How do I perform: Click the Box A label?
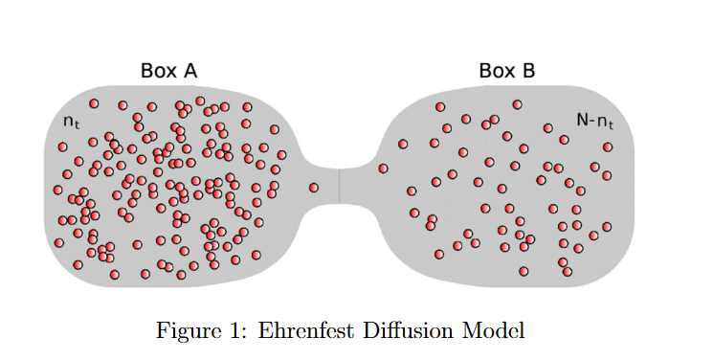(168, 70)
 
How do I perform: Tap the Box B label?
(506, 70)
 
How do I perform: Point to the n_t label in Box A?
(71, 122)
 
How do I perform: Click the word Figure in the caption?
(188, 330)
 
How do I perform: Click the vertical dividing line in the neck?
(339, 186)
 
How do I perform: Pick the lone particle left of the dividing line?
(314, 188)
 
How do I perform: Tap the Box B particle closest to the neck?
(383, 169)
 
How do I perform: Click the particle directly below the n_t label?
(63, 146)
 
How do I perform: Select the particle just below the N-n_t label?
(607, 146)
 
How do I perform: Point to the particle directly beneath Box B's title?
(517, 103)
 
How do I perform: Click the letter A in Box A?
(190, 70)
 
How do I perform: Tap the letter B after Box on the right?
(528, 70)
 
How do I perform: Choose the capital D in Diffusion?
(379, 330)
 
